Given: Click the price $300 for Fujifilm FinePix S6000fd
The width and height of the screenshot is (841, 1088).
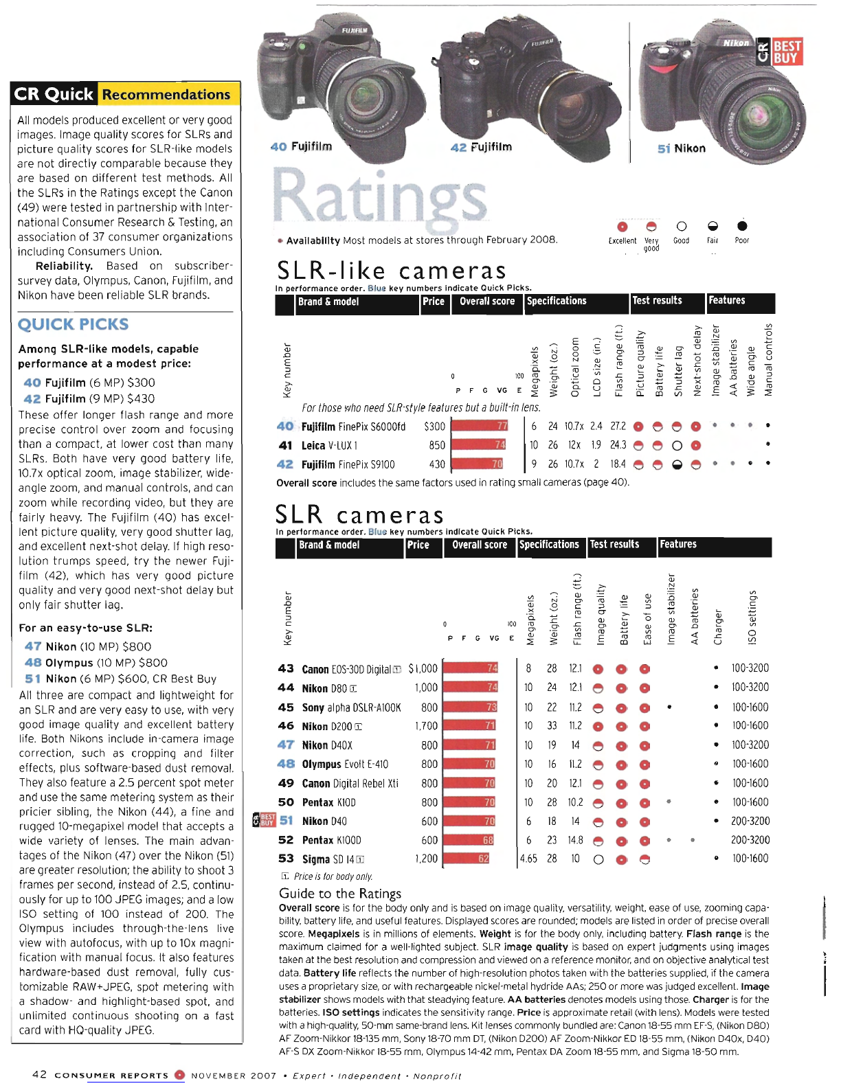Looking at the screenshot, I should (434, 427).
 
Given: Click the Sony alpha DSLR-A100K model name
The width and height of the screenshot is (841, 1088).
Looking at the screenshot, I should (351, 707).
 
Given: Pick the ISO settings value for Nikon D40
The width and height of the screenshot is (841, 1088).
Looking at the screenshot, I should (750, 821).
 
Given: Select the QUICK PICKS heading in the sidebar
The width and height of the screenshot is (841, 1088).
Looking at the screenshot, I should (73, 324).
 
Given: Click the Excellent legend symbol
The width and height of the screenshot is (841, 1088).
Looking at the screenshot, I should (622, 227).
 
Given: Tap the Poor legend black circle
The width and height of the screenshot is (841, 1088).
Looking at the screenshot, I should (742, 226).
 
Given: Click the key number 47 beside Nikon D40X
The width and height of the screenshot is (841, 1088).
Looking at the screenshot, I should (286, 745).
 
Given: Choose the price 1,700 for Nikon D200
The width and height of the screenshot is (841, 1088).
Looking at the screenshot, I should (426, 725).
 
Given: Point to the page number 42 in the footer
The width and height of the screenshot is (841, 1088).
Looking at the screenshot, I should (40, 1074).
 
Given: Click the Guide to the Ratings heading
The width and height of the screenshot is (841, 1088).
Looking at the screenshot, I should (339, 893).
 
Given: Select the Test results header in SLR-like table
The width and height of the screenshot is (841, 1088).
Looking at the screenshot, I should (657, 301).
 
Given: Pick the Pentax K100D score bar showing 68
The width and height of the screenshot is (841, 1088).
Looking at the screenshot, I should (469, 840).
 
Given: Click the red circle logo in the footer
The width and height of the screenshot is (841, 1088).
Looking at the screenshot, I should (179, 1075).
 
